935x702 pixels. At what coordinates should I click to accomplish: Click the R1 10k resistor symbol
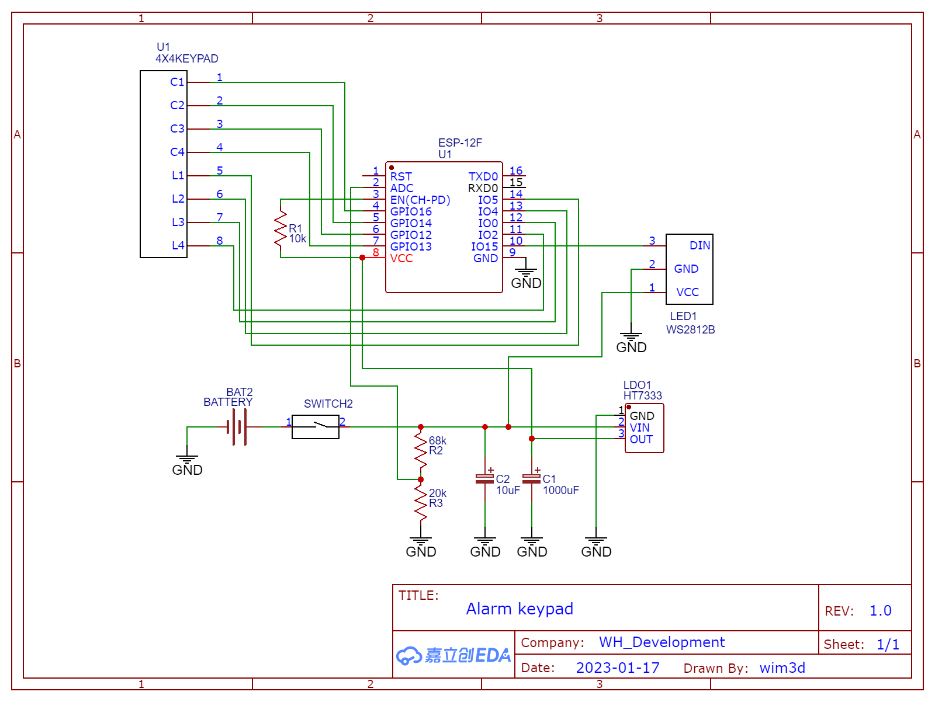coord(280,229)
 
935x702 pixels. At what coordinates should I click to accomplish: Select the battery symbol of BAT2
coord(237,427)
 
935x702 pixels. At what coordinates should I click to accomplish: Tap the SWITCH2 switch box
coord(316,427)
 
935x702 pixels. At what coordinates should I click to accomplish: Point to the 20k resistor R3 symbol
coord(421,503)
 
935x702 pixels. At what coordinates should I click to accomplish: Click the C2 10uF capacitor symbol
coord(485,479)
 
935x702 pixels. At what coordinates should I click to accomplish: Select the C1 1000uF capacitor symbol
coord(532,479)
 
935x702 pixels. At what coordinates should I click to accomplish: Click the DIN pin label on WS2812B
coord(699,246)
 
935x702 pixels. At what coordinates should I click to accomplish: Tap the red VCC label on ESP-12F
coord(401,258)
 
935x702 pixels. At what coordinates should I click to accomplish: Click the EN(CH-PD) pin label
coord(420,200)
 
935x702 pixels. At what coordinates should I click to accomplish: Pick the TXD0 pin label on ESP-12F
coord(483,176)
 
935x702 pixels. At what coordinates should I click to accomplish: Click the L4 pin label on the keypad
coord(178,246)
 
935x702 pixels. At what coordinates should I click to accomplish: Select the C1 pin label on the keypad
coord(177,82)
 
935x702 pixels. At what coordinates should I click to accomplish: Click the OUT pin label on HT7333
coord(641,439)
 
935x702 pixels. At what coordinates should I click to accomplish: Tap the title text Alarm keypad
coord(520,609)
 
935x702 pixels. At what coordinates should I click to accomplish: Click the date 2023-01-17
coord(618,668)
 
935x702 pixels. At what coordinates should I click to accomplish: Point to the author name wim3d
coord(782,668)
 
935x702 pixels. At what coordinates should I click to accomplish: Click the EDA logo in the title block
coord(453,655)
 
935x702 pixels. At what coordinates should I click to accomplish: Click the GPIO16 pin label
coord(411,211)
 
